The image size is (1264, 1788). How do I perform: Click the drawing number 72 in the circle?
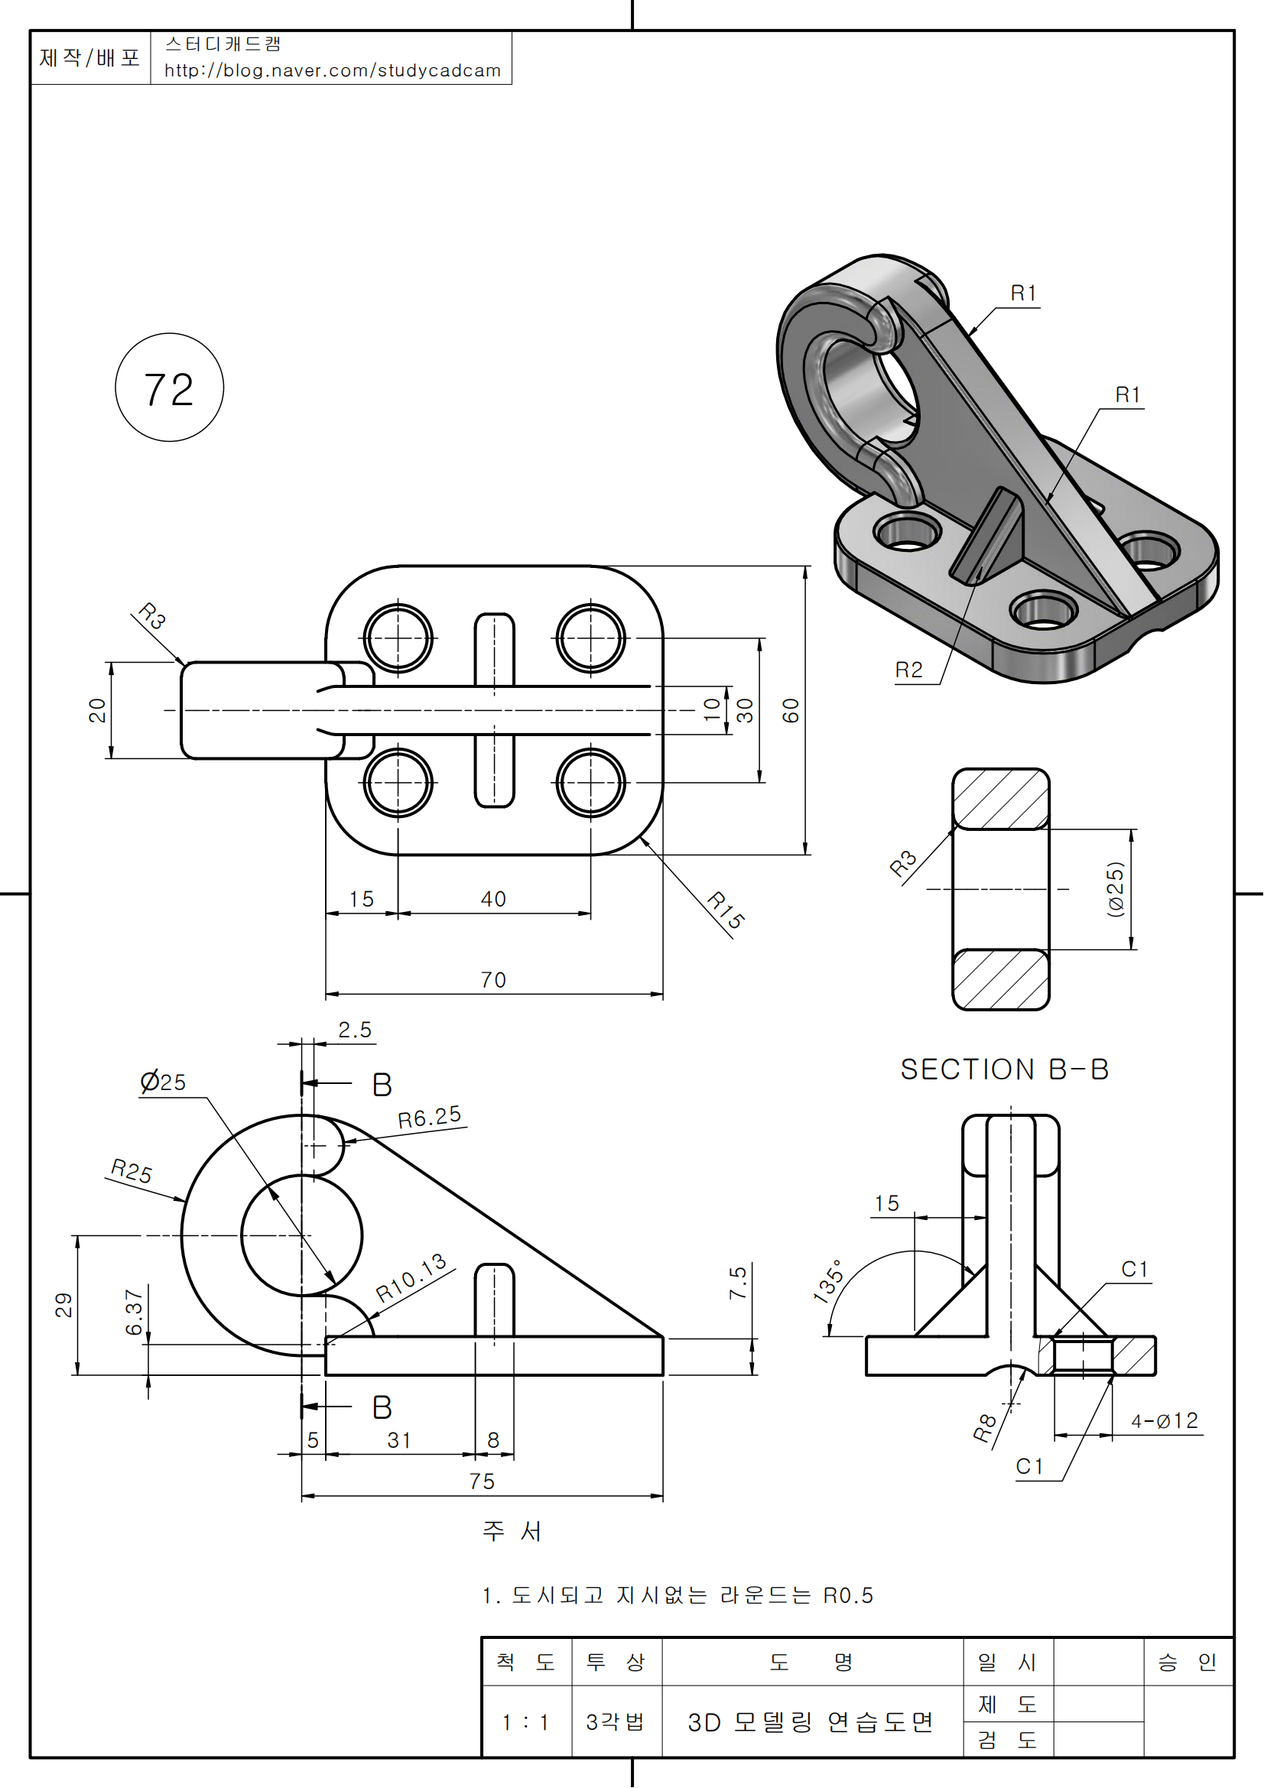click(168, 389)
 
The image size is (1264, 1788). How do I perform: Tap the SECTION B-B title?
click(1004, 1069)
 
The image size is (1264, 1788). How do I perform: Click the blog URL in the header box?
click(333, 71)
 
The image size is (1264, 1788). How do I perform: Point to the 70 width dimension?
click(493, 980)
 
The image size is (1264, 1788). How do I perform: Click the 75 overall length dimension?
click(482, 1481)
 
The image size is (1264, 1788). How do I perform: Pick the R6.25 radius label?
click(429, 1118)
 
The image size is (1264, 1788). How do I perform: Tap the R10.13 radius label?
click(411, 1278)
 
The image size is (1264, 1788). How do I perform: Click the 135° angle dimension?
click(828, 1281)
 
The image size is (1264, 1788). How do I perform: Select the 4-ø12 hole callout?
click(1165, 1421)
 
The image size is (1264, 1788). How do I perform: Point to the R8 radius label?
click(985, 1427)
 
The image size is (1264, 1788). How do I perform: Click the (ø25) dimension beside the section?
click(1116, 889)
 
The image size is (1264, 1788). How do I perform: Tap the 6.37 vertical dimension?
click(134, 1312)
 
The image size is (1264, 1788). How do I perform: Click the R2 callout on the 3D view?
click(908, 670)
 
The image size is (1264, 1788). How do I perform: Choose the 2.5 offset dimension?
click(354, 1030)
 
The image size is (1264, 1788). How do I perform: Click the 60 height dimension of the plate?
click(791, 710)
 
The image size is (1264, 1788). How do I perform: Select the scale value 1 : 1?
click(525, 1721)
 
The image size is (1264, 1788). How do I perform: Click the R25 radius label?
click(132, 1170)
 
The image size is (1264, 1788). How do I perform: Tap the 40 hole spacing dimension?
click(493, 900)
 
